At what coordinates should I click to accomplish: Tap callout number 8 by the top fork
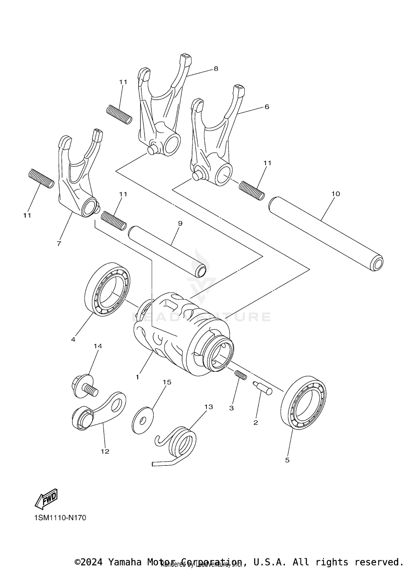pyautogui.click(x=216, y=69)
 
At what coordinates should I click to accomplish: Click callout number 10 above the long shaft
pyautogui.click(x=336, y=194)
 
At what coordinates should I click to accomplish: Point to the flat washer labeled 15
pyautogui.click(x=143, y=420)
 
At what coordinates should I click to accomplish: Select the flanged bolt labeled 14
pyautogui.click(x=85, y=387)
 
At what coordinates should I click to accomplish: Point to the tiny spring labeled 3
pyautogui.click(x=241, y=375)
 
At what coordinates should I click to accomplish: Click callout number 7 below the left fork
pyautogui.click(x=59, y=243)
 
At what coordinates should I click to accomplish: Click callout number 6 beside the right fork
pyautogui.click(x=267, y=107)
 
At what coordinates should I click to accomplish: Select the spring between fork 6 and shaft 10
pyautogui.click(x=252, y=190)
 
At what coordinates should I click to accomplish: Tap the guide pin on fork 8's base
pyautogui.click(x=152, y=150)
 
